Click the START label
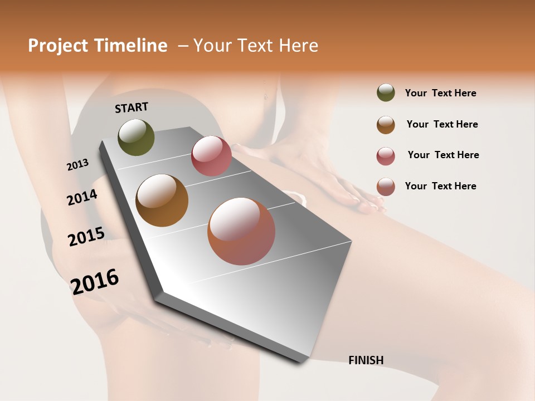(x=132, y=107)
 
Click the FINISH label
(x=366, y=360)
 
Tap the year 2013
(x=77, y=165)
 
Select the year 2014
(x=82, y=197)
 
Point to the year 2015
(x=86, y=237)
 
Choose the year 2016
(x=95, y=281)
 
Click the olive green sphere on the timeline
(x=137, y=137)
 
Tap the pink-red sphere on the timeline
(x=211, y=156)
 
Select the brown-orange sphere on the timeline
(x=162, y=200)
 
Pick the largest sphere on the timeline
(x=241, y=231)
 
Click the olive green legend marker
(x=386, y=93)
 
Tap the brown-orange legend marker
(x=386, y=124)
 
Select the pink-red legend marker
(x=386, y=155)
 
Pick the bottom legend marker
(x=386, y=187)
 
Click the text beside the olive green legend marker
(x=440, y=93)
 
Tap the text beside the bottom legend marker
(x=440, y=186)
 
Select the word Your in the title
(x=212, y=46)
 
